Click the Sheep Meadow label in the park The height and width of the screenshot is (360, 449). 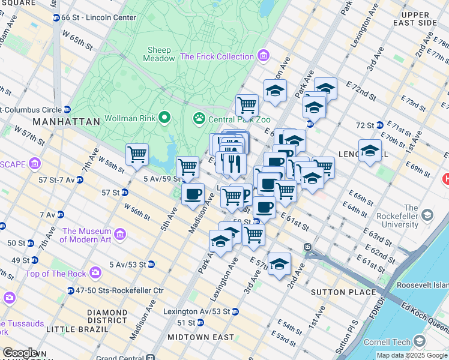(x=158, y=54)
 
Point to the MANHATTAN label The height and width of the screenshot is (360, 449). (x=66, y=121)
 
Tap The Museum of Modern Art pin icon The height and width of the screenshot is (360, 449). (x=120, y=232)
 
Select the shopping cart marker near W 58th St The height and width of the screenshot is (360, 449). (x=137, y=154)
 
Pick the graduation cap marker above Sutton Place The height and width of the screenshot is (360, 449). (x=279, y=264)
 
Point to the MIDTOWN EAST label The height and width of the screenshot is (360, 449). (x=200, y=337)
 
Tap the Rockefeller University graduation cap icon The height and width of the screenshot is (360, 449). (x=427, y=214)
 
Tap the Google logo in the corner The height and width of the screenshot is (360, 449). (x=20, y=353)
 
